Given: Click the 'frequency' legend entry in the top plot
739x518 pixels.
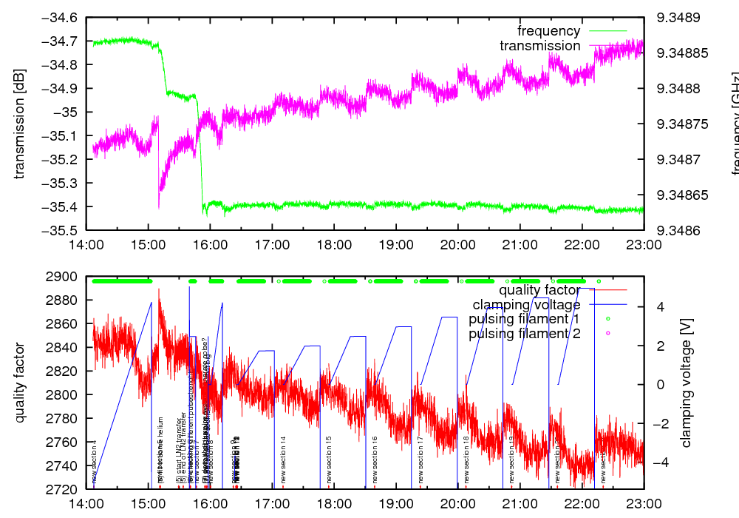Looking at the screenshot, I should point(549,31).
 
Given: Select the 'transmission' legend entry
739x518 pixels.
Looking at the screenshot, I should point(540,46).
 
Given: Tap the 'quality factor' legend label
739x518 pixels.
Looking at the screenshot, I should point(539,289).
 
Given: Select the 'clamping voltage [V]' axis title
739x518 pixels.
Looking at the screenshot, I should point(686,383).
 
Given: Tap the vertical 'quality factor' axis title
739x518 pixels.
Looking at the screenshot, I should point(19,383).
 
